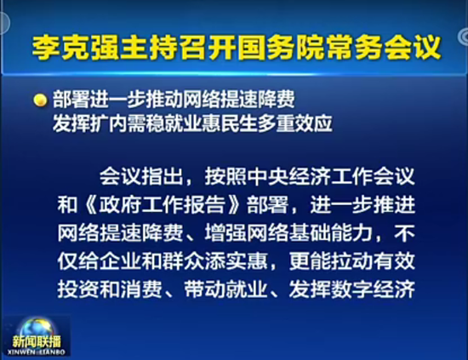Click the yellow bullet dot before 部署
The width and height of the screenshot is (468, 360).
pos(40,100)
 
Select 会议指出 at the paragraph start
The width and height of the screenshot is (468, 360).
pos(141,177)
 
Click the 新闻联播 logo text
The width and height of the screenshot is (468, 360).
pos(37,342)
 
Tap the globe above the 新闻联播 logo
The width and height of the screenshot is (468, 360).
pos(37,329)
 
